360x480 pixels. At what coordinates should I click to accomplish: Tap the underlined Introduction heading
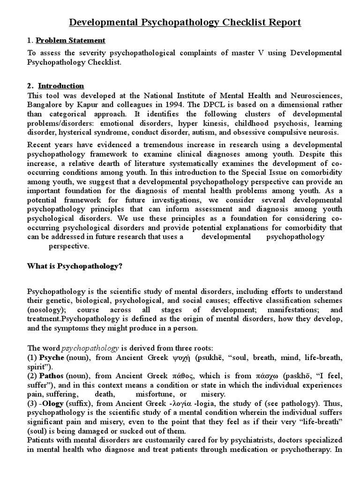coord(61,86)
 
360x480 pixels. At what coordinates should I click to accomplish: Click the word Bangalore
coord(46,104)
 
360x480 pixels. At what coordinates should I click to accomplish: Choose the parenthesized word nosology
coord(45,310)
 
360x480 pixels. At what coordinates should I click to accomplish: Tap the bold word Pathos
coord(52,375)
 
